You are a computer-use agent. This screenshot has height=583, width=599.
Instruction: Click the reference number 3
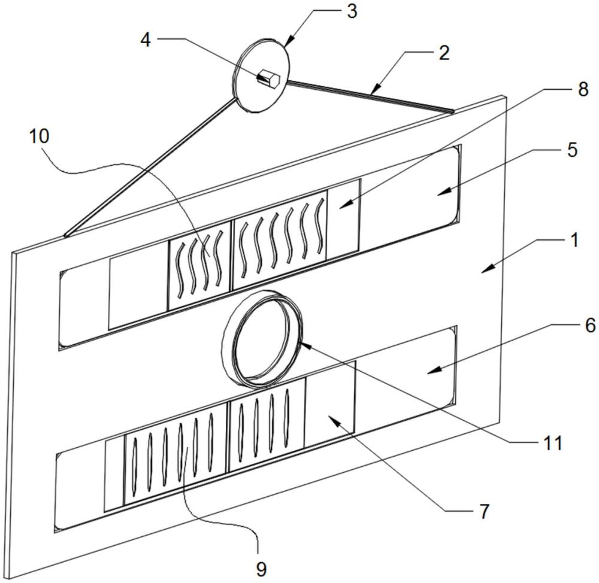pos(352,11)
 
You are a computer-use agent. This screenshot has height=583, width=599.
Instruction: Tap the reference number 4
pos(146,40)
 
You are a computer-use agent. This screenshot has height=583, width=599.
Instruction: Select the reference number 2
pos(443,53)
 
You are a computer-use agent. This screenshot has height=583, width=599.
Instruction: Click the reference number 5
pos(572,150)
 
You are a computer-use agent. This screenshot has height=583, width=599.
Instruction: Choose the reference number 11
pos(553,444)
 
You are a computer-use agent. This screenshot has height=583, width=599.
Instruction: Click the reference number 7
pos(484,512)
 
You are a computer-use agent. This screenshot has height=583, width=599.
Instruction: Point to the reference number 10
pos(40,136)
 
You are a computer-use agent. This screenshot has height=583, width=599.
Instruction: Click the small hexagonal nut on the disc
pos(269,78)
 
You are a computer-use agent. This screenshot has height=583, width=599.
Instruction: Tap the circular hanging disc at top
pos(261,75)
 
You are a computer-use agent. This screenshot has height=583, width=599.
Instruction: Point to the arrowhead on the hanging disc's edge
pos(289,41)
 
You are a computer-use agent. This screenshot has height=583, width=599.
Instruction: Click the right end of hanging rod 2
pos(453,111)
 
